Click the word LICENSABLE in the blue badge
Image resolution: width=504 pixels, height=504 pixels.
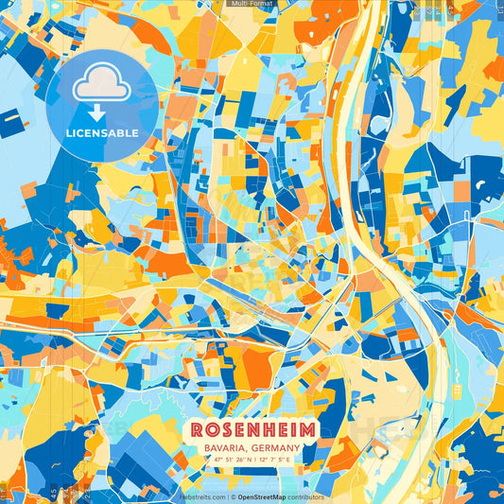[102, 132]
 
